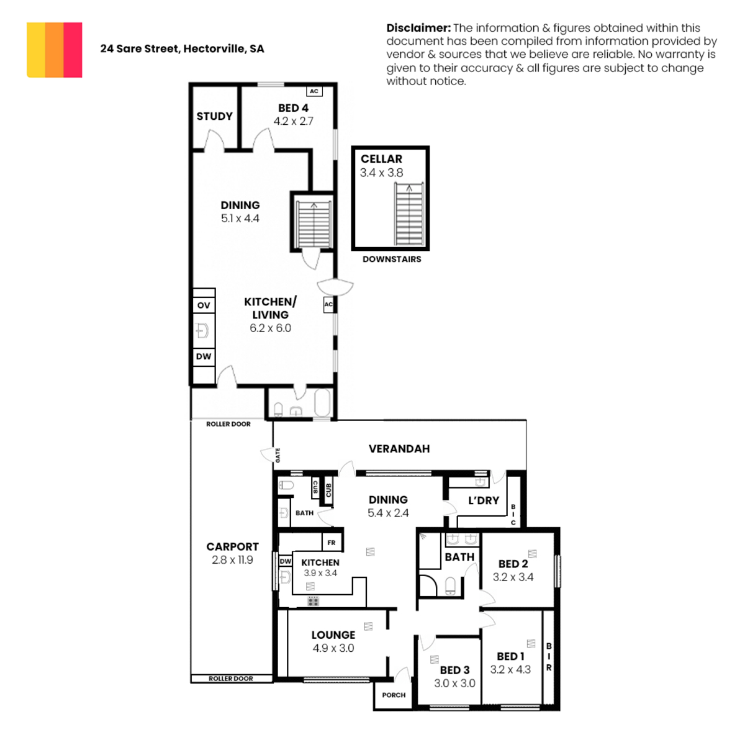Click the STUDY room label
[215, 116]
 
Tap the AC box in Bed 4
[314, 91]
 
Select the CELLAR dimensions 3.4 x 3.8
[382, 173]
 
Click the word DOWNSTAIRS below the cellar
[392, 259]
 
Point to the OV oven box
[204, 305]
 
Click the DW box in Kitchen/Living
[204, 356]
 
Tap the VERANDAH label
[399, 449]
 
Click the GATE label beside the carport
[278, 455]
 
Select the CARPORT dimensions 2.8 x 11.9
[232, 560]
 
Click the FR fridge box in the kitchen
[332, 543]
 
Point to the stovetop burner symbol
[313, 601]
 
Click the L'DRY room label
[484, 500]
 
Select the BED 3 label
[454, 670]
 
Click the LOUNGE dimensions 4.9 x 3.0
[333, 648]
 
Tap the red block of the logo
[73, 50]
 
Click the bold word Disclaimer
[418, 28]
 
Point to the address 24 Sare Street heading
[182, 48]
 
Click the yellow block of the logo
[36, 50]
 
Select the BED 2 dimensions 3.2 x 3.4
[513, 577]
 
